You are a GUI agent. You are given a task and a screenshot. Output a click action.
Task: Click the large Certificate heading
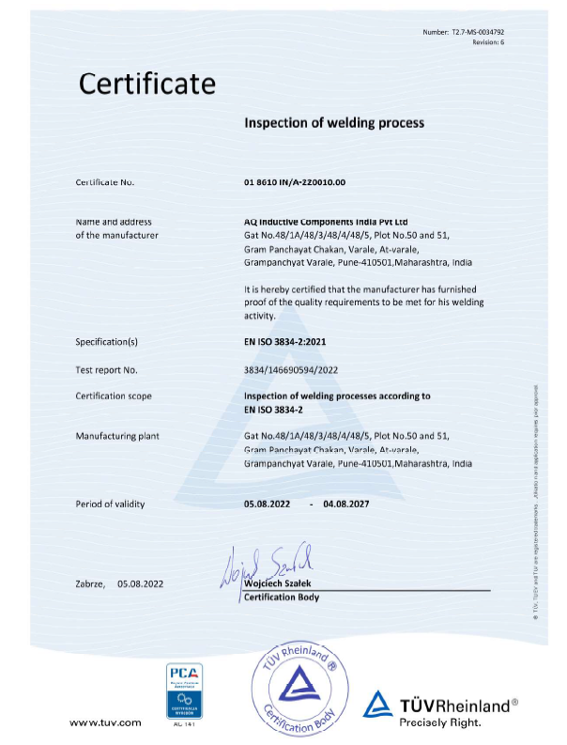(146, 84)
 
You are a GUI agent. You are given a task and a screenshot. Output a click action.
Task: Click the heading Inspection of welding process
(334, 123)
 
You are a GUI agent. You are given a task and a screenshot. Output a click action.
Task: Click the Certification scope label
(114, 396)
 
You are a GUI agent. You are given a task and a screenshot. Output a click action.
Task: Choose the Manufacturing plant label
(117, 436)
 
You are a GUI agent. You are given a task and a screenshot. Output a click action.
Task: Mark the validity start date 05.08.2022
(268, 504)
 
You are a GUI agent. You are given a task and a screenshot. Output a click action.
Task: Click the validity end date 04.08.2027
(346, 504)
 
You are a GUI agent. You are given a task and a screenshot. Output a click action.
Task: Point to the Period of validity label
(110, 504)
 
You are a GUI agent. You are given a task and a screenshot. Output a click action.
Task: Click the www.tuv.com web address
(105, 722)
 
